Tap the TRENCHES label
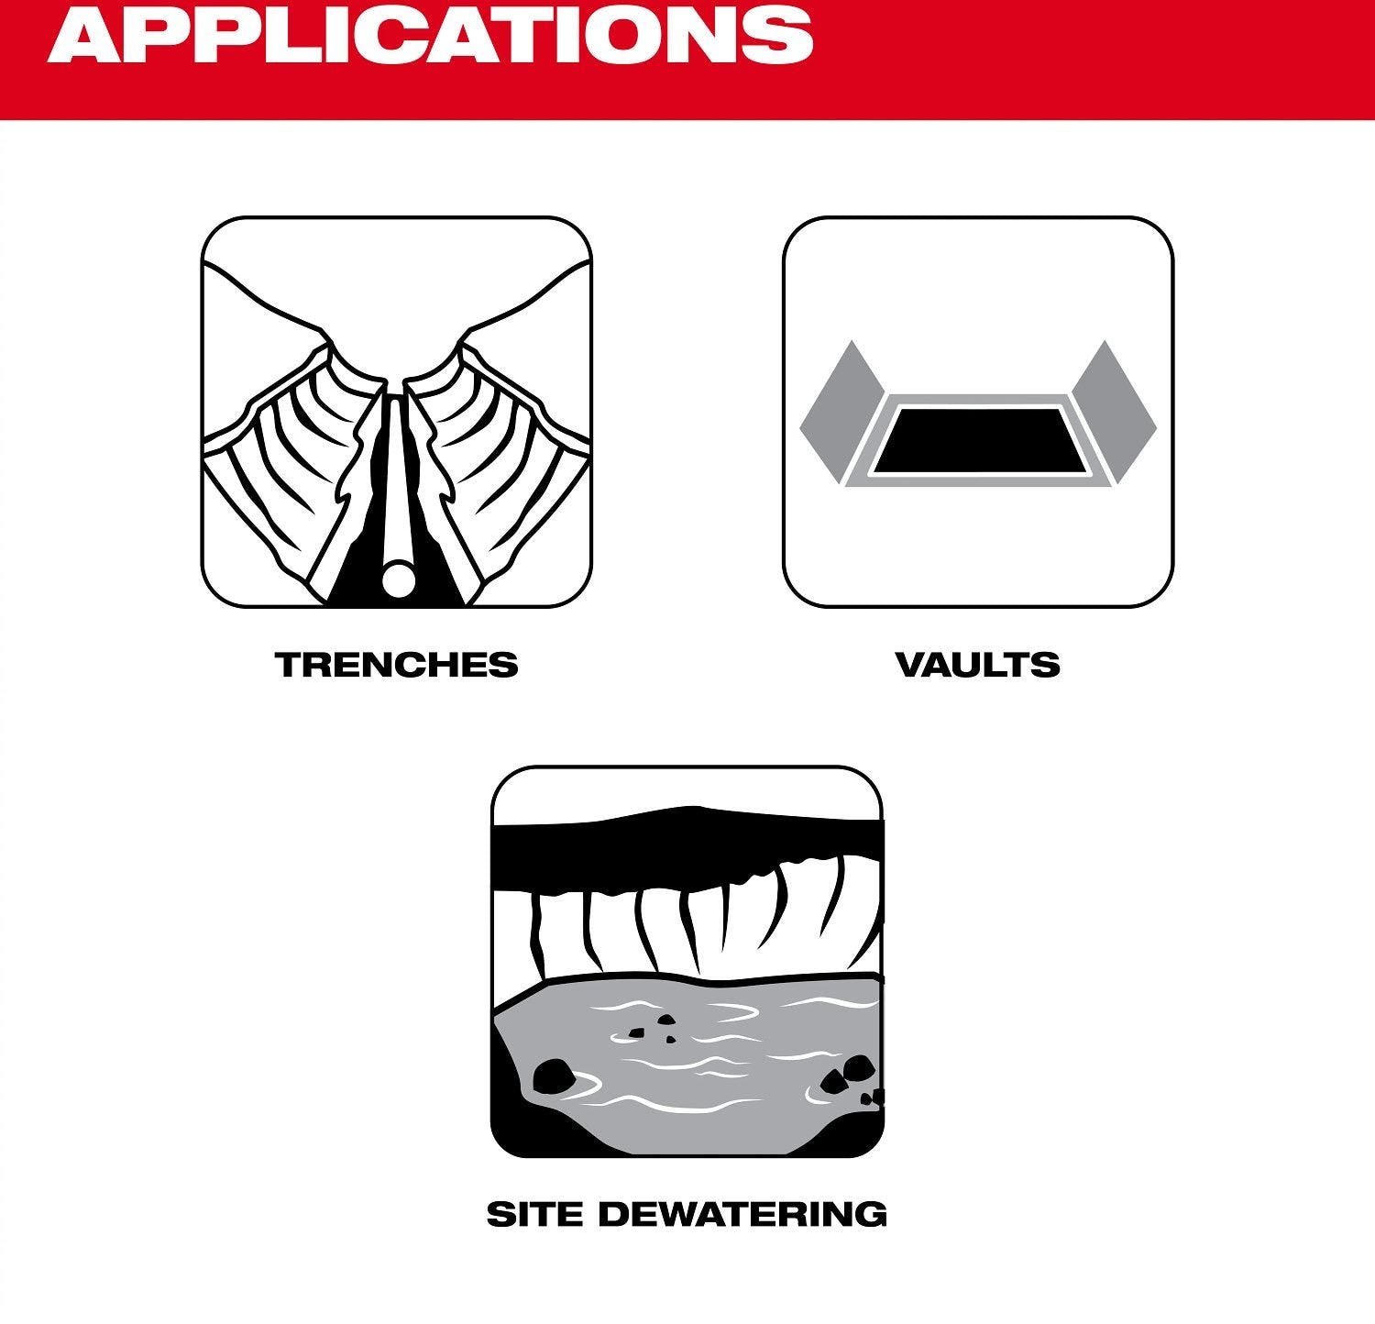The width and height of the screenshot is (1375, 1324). click(397, 665)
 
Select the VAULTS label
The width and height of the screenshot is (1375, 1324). click(977, 665)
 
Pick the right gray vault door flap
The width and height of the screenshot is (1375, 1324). click(1116, 412)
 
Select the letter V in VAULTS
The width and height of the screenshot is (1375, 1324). click(909, 665)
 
